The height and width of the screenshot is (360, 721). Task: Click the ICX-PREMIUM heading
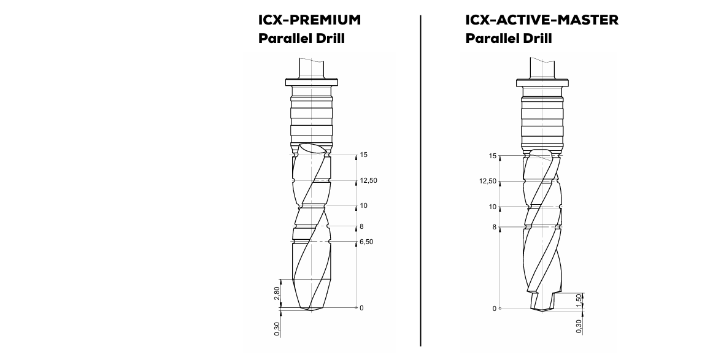(309, 20)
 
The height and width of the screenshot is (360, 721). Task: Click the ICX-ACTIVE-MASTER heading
(542, 20)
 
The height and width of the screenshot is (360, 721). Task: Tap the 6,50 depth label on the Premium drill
(366, 242)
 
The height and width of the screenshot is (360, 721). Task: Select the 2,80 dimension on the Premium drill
(277, 293)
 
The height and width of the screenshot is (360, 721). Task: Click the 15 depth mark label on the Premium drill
(363, 155)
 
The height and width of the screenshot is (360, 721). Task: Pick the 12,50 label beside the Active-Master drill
(488, 181)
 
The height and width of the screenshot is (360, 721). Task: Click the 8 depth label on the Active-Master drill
(493, 227)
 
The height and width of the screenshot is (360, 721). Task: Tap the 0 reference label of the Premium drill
(361, 308)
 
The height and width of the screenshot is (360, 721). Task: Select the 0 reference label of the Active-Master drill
(495, 308)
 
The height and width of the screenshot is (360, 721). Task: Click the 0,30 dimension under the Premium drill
(277, 329)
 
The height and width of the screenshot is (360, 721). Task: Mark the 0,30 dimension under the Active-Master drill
(578, 327)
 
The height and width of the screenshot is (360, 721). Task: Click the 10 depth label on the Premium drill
(363, 206)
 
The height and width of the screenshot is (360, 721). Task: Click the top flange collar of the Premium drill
(312, 81)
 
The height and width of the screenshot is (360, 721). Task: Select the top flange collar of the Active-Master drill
(542, 81)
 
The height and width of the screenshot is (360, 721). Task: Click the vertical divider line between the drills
(421, 184)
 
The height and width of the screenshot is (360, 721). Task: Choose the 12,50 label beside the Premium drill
(368, 181)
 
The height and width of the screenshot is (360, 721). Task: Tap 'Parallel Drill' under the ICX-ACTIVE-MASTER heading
(509, 39)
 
